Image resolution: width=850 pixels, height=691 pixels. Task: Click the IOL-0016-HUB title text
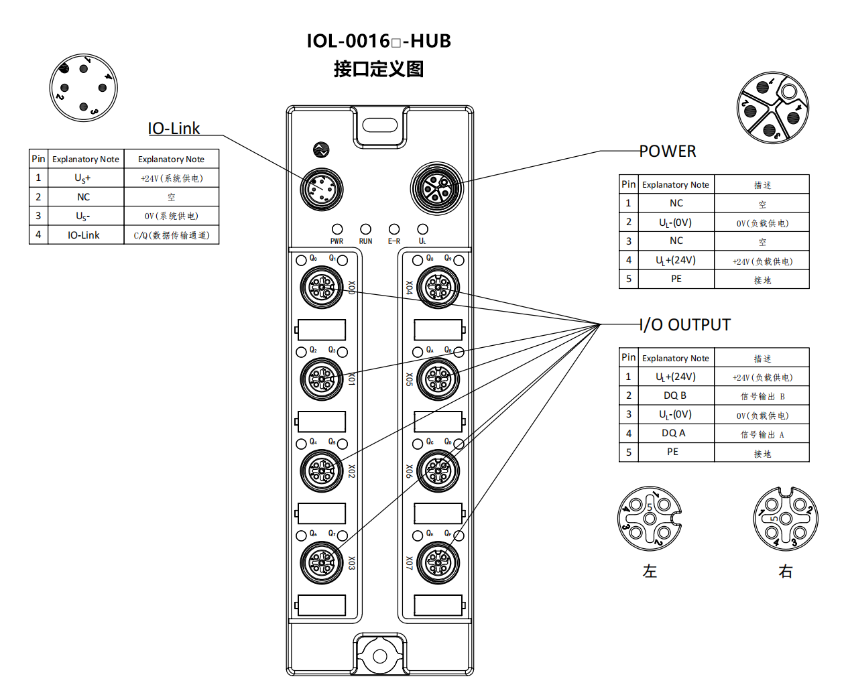[379, 41]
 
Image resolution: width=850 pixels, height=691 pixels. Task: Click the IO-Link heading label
[174, 128]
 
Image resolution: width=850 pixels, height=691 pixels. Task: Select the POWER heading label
[668, 151]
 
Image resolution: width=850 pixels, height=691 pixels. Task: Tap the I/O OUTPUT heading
[685, 325]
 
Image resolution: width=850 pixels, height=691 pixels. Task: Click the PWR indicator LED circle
[337, 229]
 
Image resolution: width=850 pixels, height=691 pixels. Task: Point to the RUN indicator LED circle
[365, 229]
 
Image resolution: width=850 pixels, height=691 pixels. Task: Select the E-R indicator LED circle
[394, 229]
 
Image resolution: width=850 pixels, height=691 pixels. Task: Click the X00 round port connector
[322, 288]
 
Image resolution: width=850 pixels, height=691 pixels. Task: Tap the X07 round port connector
[438, 563]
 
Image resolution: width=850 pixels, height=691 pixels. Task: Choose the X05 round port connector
[438, 379]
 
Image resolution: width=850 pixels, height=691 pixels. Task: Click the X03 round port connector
[322, 563]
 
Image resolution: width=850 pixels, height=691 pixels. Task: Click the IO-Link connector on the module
[322, 189]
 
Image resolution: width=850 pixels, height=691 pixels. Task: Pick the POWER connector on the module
[437, 188]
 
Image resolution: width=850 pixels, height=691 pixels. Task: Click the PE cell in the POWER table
[676, 279]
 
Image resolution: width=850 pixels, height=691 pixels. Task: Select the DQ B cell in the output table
[675, 395]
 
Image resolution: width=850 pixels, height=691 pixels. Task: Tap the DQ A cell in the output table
[674, 433]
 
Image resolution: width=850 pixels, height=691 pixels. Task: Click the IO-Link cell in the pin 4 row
[83, 235]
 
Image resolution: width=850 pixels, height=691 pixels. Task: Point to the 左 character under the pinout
[650, 571]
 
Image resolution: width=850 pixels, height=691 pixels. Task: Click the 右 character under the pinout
[786, 571]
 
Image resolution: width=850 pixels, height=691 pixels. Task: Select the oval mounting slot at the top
[380, 125]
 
